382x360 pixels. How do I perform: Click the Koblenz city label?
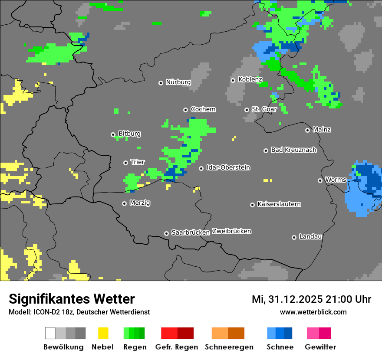(x=250, y=79)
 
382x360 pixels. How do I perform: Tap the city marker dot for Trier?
(x=125, y=163)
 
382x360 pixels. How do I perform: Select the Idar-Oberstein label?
(x=228, y=167)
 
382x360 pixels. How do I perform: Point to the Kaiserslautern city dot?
(x=252, y=205)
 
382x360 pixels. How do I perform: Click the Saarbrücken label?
(x=190, y=232)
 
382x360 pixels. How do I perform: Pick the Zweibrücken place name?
(x=231, y=231)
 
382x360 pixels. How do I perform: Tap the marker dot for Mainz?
(x=307, y=130)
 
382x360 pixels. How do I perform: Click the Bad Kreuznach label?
(x=293, y=150)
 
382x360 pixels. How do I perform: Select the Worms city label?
(x=336, y=180)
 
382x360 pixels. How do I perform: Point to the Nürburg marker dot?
(x=161, y=83)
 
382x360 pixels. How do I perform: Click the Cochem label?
(x=203, y=109)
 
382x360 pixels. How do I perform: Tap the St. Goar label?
(x=264, y=109)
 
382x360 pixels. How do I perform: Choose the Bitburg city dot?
(x=113, y=134)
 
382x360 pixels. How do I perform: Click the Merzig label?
(x=140, y=203)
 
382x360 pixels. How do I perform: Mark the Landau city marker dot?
(x=294, y=237)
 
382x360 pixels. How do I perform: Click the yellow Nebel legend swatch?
(x=103, y=333)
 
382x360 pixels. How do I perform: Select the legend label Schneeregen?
(x=229, y=347)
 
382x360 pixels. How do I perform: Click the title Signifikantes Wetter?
(x=72, y=299)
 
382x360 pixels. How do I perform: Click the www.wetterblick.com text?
(x=313, y=312)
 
